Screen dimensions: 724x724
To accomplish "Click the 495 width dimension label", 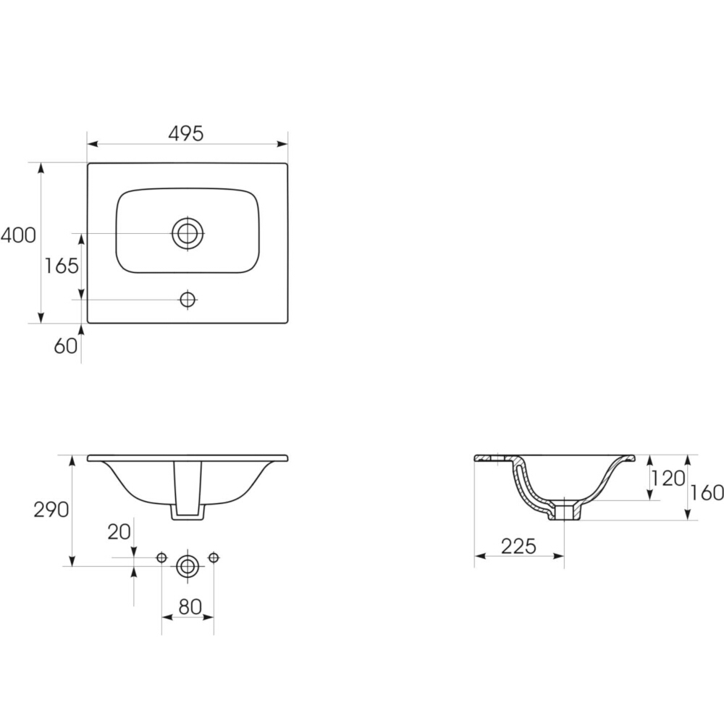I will (x=186, y=133).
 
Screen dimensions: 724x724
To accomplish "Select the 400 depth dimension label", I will (x=17, y=235).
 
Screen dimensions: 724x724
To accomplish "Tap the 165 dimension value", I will (x=61, y=266).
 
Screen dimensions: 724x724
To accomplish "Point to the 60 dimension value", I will (x=65, y=346).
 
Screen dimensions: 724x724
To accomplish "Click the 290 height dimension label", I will (x=51, y=510).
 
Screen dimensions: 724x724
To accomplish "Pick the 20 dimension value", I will (x=119, y=532).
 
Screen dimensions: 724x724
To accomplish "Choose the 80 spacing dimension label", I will (x=190, y=607).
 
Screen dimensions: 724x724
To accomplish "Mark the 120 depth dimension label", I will (x=668, y=478).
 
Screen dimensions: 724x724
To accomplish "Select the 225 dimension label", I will (x=519, y=546).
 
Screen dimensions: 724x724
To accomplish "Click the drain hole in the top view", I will (x=188, y=233).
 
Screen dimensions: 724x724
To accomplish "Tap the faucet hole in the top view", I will (x=188, y=299).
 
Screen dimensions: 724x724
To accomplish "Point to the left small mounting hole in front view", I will (x=161, y=557).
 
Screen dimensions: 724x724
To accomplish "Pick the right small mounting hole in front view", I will (x=213, y=557).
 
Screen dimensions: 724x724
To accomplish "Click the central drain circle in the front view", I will (x=188, y=566).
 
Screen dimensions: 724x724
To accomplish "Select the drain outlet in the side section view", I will (x=565, y=511).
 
